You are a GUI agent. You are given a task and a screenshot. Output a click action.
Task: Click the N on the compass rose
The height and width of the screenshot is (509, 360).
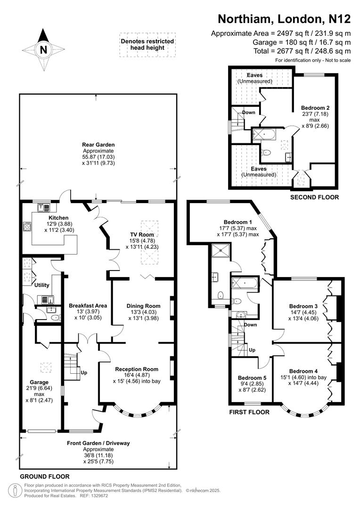click(43, 49)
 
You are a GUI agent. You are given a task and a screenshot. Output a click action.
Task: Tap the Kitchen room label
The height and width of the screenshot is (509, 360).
click(49, 218)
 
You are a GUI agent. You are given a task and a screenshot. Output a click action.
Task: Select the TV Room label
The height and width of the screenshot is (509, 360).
click(142, 234)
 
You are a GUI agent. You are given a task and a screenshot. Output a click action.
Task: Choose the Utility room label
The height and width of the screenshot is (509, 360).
click(41, 285)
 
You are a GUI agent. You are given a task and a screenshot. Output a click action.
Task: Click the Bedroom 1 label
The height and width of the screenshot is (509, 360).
click(238, 222)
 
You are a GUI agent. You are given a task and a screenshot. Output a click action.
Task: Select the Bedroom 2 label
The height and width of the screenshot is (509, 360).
click(309, 107)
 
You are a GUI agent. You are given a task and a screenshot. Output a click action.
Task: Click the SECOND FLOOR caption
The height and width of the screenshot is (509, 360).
click(314, 197)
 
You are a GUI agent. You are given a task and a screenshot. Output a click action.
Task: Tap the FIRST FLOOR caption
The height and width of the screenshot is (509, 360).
click(249, 412)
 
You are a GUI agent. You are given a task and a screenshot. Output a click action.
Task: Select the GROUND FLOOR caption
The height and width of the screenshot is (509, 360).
click(45, 476)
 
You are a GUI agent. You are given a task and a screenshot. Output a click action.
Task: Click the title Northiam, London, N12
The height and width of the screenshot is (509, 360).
click(284, 19)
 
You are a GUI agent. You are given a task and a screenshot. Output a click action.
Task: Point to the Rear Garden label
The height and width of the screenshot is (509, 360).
click(98, 145)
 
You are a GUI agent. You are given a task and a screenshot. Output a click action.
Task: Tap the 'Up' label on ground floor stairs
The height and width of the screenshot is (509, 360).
click(84, 372)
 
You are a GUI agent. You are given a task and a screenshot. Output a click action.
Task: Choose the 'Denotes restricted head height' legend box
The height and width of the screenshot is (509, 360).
click(147, 45)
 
